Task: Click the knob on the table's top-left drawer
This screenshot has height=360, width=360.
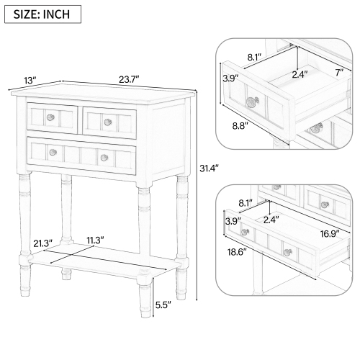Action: [x=50, y=116]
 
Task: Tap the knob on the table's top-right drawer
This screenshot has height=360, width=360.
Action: [x=106, y=120]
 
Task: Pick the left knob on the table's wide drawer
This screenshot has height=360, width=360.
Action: [x=53, y=151]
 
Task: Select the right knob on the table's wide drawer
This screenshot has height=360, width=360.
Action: [x=104, y=156]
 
